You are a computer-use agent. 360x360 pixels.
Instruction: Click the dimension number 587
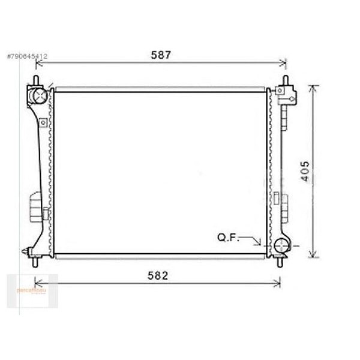(x=161, y=55)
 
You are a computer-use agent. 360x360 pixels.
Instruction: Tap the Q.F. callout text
(x=228, y=238)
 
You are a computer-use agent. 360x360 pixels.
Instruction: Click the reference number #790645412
(x=28, y=56)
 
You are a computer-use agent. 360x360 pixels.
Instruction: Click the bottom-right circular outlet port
(x=282, y=245)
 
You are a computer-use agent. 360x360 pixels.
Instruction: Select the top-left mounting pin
(x=37, y=80)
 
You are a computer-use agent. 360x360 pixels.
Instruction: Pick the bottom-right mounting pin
(x=279, y=260)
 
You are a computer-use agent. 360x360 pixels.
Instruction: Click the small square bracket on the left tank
(x=43, y=123)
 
